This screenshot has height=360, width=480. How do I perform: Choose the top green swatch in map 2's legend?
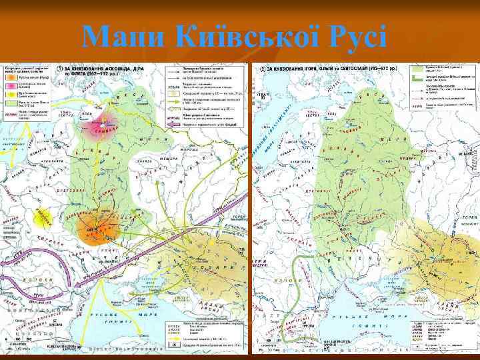(422, 69)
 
